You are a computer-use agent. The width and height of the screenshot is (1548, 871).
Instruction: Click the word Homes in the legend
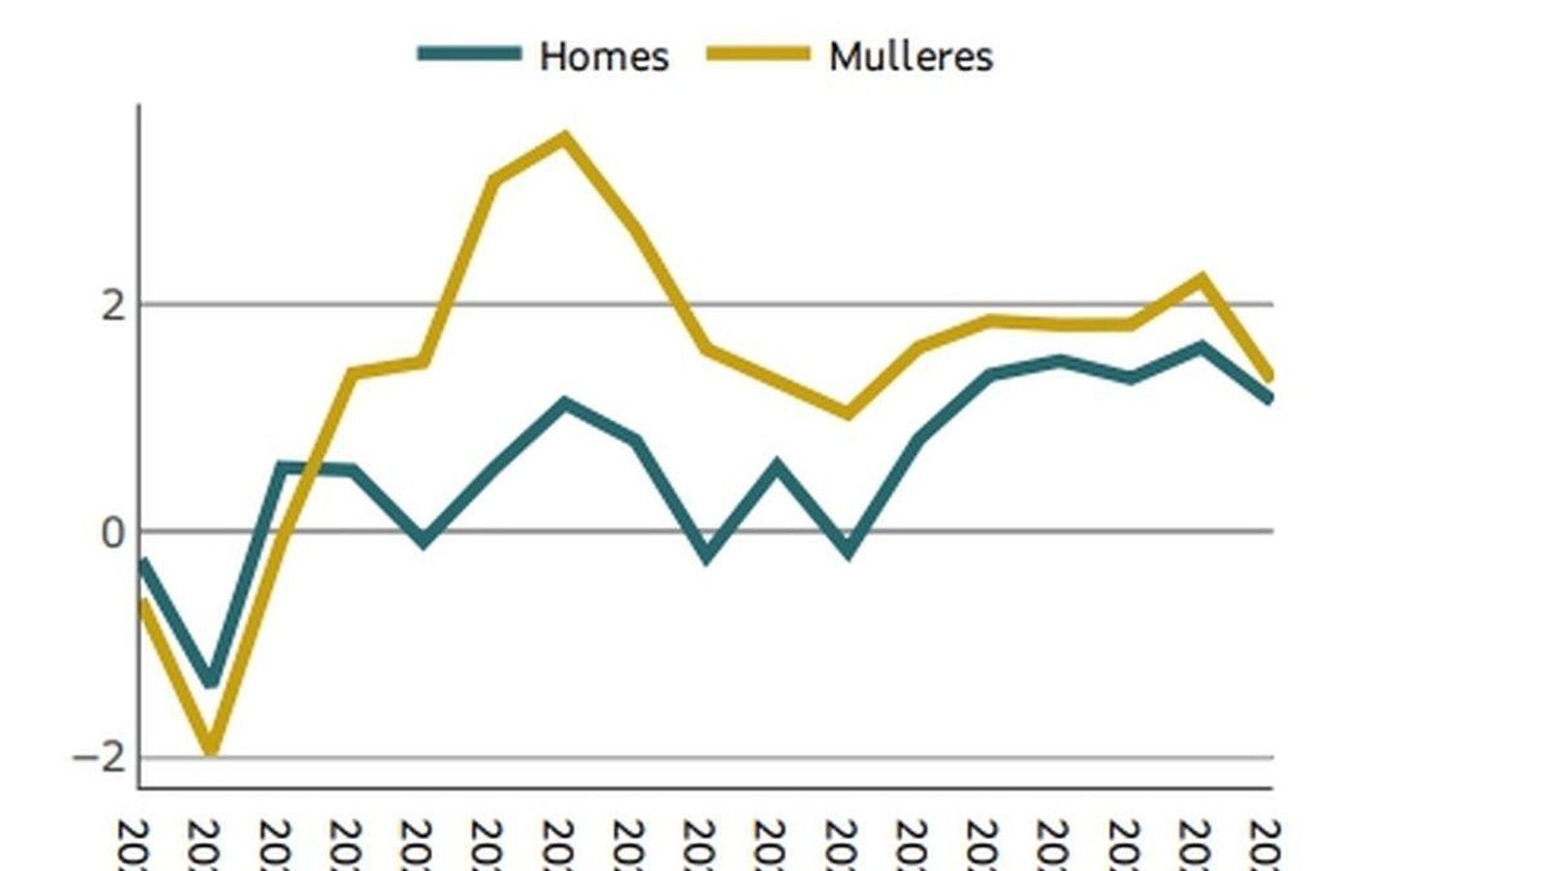pyautogui.click(x=604, y=56)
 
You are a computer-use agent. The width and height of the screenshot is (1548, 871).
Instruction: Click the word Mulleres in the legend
pyautogui.click(x=910, y=56)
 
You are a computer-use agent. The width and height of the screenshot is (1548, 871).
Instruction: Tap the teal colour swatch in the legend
pyautogui.click(x=469, y=54)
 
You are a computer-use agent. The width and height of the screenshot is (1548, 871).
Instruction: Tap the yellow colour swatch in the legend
pyautogui.click(x=758, y=54)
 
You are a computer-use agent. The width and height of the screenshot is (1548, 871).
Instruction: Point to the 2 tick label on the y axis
pyautogui.click(x=113, y=306)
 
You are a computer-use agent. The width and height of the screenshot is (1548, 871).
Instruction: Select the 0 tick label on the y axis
pyautogui.click(x=113, y=533)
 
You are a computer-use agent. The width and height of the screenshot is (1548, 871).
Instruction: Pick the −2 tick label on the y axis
pyautogui.click(x=101, y=758)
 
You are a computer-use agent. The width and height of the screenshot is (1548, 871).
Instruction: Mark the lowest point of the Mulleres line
pyautogui.click(x=211, y=750)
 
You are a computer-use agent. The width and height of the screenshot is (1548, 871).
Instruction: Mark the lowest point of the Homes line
pyautogui.click(x=211, y=681)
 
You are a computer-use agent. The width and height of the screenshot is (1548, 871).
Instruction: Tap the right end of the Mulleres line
pyautogui.click(x=1269, y=375)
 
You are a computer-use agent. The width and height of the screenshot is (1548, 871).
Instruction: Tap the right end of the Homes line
pyautogui.click(x=1269, y=397)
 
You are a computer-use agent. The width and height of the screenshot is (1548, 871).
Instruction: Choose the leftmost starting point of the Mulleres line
pyautogui.click(x=142, y=602)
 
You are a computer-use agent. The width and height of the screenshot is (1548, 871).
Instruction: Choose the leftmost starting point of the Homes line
pyautogui.click(x=142, y=561)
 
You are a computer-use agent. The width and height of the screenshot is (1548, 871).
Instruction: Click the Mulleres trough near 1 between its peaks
pyautogui.click(x=848, y=413)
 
